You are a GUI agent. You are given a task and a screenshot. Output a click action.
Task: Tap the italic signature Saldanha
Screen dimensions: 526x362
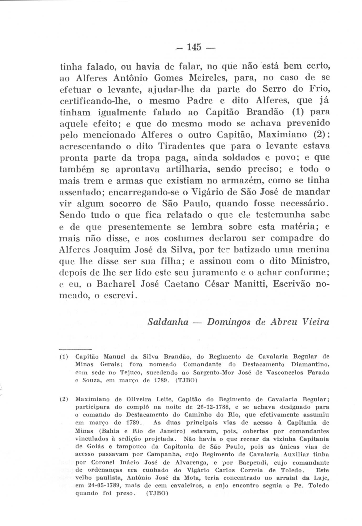pyautogui.click(x=168, y=322)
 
